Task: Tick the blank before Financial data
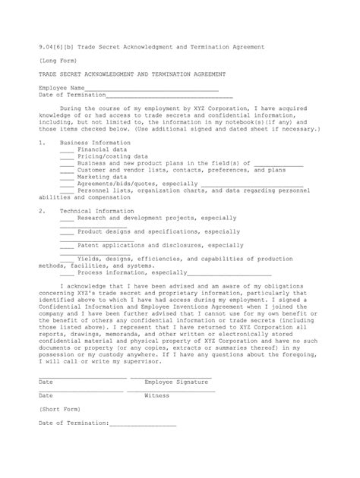(x=66, y=151)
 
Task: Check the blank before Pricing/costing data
(x=66, y=157)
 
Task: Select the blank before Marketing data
(x=66, y=177)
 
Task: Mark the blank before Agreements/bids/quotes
(x=66, y=184)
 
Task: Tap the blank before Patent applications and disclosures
(x=66, y=246)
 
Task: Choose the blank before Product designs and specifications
(x=66, y=231)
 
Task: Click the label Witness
(x=156, y=396)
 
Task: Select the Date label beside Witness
(x=46, y=396)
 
